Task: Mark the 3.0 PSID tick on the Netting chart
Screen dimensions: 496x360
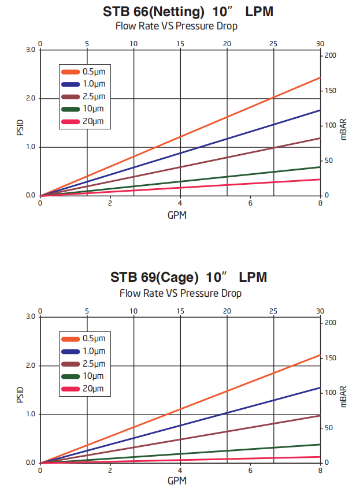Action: pos(31,50)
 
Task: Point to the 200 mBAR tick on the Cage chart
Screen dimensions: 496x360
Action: pos(329,322)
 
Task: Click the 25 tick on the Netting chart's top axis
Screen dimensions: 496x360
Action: pos(273,43)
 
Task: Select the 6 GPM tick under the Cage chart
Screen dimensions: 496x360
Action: pos(250,471)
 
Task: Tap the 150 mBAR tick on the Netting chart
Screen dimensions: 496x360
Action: pos(329,90)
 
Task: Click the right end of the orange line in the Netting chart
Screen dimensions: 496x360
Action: pos(320,77)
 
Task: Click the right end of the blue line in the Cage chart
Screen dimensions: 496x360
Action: pos(320,388)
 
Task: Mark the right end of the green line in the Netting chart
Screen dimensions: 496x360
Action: pos(320,167)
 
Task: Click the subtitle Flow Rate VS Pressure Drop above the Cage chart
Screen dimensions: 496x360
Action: pos(180,293)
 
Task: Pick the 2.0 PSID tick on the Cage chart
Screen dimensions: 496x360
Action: pos(31,366)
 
